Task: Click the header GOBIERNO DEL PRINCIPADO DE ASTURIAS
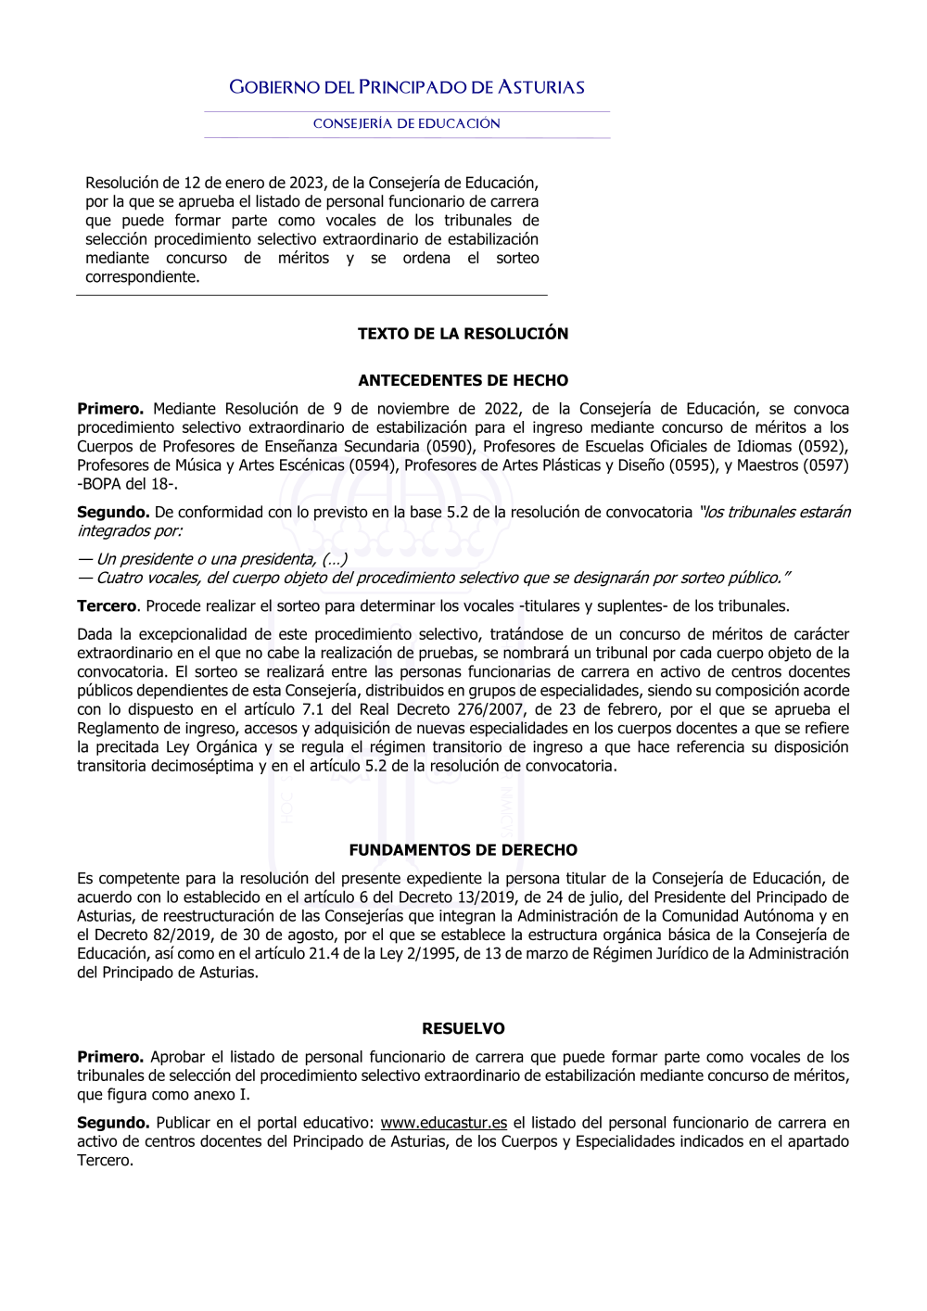tap(407, 88)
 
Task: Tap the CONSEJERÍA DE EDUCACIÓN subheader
tap(407, 124)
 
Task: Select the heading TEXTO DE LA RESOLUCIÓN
tap(463, 334)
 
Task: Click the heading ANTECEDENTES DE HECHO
tap(463, 381)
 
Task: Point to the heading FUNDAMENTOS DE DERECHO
tap(463, 850)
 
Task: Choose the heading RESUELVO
tap(463, 1029)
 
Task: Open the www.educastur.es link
tap(443, 1123)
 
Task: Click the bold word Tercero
tap(107, 606)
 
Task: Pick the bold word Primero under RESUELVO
tap(109, 1057)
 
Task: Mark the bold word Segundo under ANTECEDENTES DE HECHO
tap(112, 513)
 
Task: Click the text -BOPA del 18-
tap(127, 484)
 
